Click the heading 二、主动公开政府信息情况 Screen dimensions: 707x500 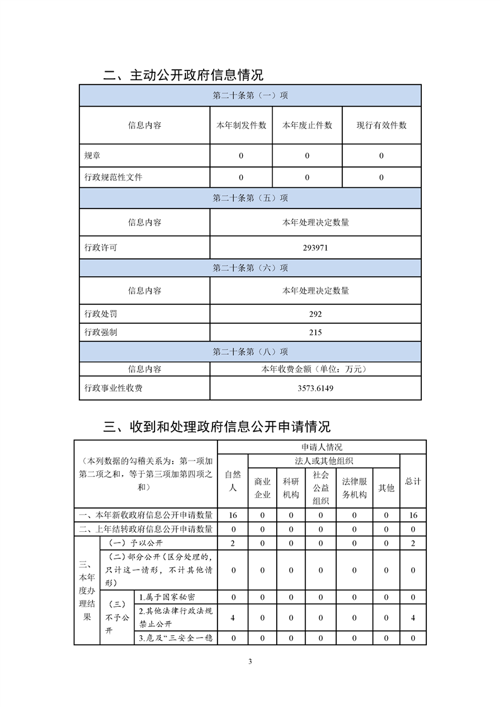183,76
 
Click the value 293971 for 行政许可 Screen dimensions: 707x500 315,248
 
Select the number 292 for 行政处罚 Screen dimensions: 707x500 315,314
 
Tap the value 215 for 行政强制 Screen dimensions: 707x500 315,332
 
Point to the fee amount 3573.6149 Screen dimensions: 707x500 315,388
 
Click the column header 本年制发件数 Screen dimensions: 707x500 241,125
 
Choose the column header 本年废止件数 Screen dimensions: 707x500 307,125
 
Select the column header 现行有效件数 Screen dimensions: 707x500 381,125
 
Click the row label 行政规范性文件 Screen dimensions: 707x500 113,177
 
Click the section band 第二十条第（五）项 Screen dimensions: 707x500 250,198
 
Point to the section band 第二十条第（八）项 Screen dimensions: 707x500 250,352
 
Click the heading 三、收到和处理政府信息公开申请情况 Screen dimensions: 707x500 216,427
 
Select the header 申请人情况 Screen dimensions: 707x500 318,447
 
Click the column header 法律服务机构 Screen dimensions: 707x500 354,488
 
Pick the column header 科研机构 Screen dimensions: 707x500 291,488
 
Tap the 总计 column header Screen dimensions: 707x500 413,481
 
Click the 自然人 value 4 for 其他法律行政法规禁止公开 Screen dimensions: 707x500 233,618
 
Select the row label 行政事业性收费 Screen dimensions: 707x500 113,388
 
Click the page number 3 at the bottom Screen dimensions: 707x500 250,661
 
